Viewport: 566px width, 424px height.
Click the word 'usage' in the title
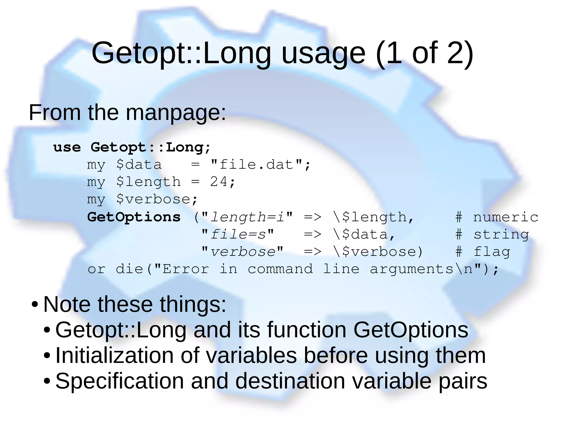(323, 54)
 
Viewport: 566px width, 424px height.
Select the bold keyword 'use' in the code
(67, 147)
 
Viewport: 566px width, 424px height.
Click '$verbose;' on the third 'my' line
(157, 199)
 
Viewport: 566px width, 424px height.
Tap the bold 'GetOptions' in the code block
(134, 217)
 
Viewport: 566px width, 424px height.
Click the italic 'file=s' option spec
(238, 235)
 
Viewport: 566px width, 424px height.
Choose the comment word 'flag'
(492, 252)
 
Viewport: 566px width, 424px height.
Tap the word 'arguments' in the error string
(412, 269)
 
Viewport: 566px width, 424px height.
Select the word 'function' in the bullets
(306, 330)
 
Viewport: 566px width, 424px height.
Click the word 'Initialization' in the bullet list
(114, 355)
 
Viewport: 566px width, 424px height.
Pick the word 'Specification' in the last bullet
(119, 381)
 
